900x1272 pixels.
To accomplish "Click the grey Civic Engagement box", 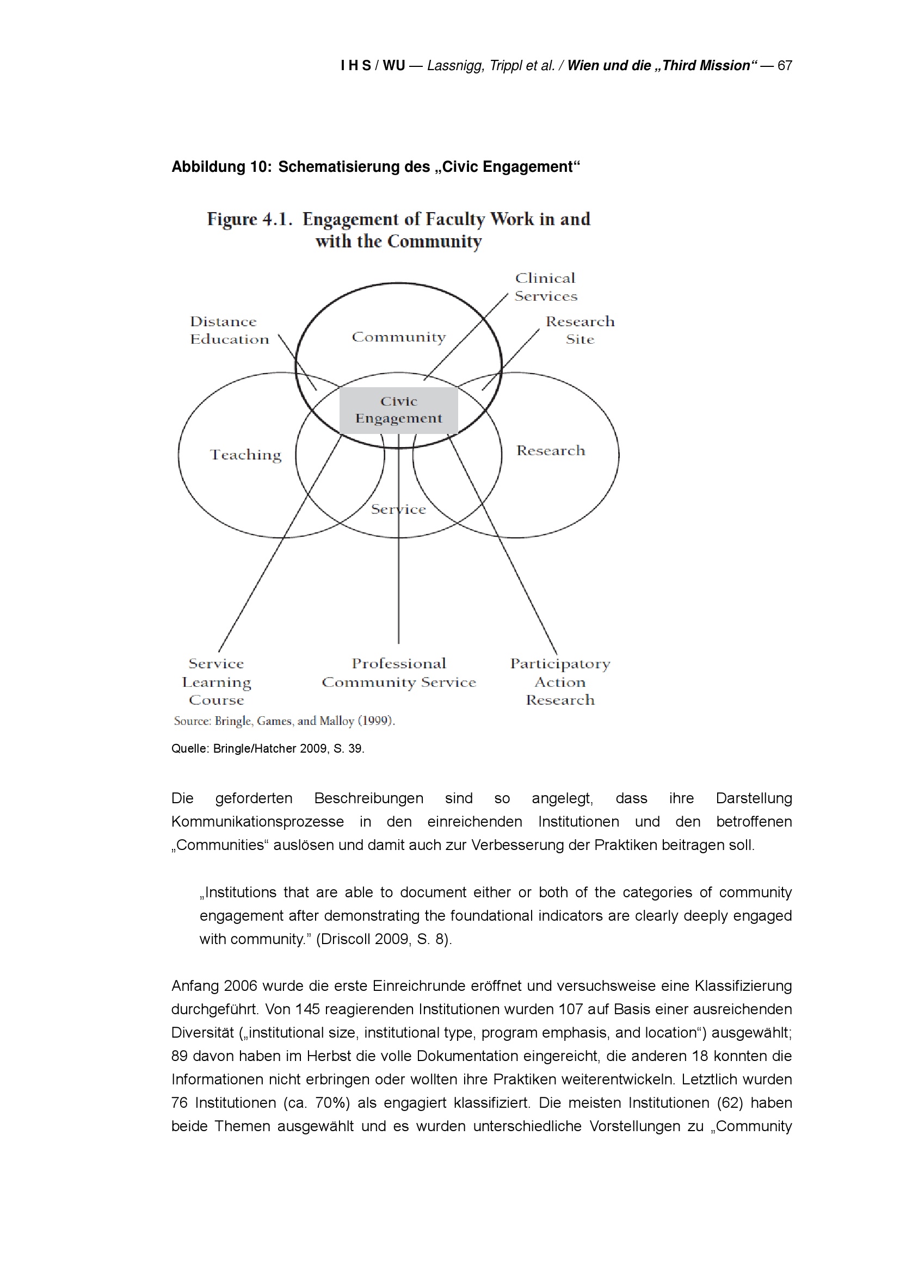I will click(x=398, y=410).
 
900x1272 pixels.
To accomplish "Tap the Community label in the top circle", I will click(x=398, y=337).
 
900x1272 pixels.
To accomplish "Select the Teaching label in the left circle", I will click(x=245, y=455).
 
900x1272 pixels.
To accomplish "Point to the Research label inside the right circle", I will click(x=550, y=450).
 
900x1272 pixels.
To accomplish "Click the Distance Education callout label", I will click(x=229, y=330).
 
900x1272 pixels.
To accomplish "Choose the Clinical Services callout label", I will click(x=546, y=287).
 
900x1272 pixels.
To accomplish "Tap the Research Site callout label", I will click(x=580, y=330).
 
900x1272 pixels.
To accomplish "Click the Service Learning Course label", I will click(x=216, y=681).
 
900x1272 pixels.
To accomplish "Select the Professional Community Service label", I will click(x=398, y=673).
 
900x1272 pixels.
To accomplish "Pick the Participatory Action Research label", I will click(x=560, y=681).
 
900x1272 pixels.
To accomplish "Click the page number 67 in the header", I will click(x=785, y=65).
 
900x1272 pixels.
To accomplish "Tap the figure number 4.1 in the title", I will click(x=276, y=219).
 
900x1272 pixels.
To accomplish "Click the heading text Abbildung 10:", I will click(x=221, y=167).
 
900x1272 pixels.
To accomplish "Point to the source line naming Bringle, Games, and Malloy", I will click(x=283, y=721).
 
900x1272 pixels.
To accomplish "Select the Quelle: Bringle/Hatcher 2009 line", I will click(x=268, y=748).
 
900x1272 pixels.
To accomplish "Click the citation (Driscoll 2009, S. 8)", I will click(x=384, y=939).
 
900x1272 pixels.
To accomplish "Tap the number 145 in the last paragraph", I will click(x=307, y=1009).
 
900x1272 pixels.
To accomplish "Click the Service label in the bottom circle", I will click(x=398, y=509).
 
